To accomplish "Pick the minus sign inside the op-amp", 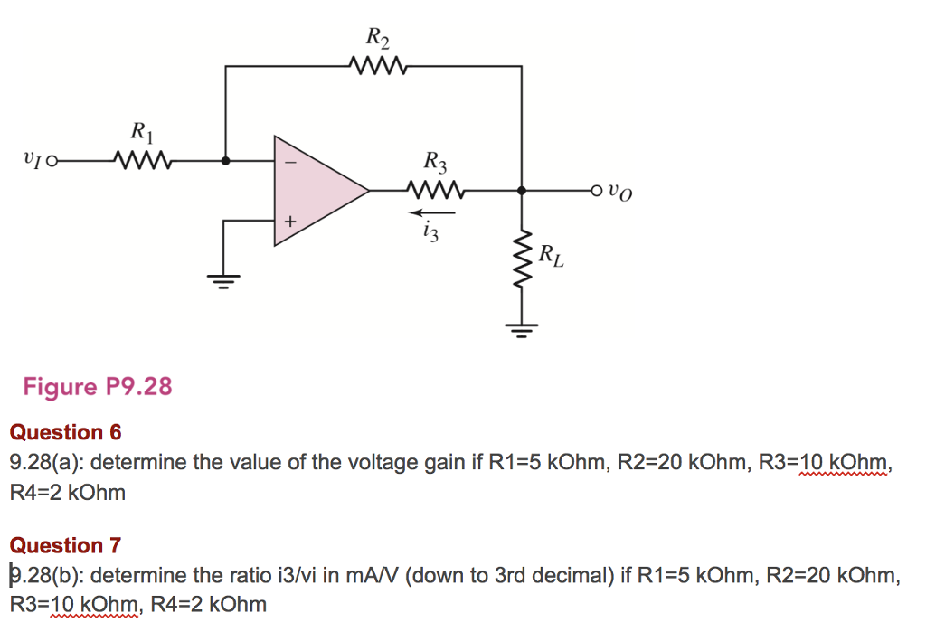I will [290, 163].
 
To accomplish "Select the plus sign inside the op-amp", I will [290, 220].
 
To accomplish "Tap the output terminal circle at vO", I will [594, 191].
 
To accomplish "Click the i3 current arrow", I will [432, 213].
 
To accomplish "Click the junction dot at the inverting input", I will [225, 162].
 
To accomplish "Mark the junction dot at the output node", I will [522, 191].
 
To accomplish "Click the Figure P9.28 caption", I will [97, 387].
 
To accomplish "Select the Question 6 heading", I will [64, 432].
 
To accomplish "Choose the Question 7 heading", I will [64, 545].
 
